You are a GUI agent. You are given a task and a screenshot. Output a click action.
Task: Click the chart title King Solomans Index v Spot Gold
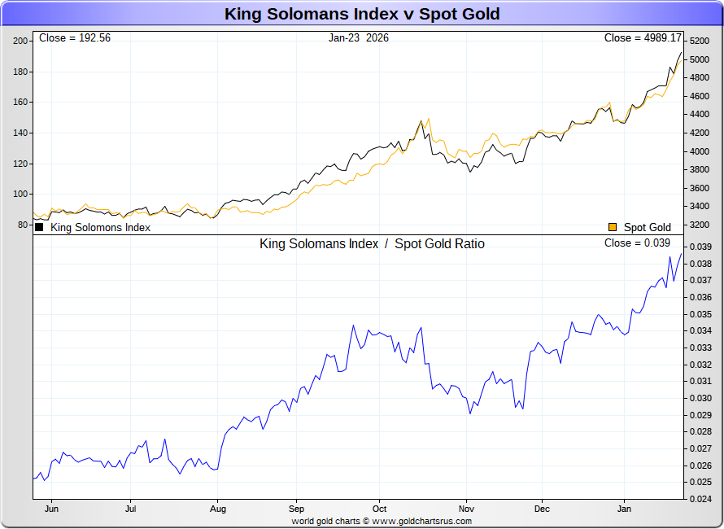tap(362, 14)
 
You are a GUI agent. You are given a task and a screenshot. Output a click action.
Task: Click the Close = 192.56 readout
tap(74, 38)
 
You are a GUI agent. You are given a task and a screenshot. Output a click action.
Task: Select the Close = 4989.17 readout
tap(643, 38)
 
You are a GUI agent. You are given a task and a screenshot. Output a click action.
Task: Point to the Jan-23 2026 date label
tap(359, 38)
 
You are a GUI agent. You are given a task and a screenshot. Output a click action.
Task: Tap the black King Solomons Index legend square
tap(39, 228)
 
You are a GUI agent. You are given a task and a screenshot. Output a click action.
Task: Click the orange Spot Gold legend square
tap(613, 228)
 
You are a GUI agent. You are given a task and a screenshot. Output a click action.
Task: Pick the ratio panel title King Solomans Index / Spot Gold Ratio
tap(372, 244)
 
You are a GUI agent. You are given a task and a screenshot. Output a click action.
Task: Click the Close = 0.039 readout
tap(637, 243)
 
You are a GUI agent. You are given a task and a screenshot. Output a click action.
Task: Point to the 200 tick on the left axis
tap(20, 41)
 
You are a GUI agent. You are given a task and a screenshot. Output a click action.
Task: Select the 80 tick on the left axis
tap(23, 225)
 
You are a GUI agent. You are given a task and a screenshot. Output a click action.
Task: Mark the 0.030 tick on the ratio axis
tap(701, 398)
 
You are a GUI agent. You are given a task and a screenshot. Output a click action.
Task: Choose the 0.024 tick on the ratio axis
tap(701, 499)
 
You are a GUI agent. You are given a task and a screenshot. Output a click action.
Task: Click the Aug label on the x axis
tap(217, 509)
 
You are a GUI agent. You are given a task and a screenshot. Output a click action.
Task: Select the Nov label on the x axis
tap(465, 509)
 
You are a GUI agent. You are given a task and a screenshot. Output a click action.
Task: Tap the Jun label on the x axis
tap(50, 509)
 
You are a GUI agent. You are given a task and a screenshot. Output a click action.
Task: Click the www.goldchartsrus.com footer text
tap(422, 521)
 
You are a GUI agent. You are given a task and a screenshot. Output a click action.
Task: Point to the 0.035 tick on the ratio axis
tap(701, 314)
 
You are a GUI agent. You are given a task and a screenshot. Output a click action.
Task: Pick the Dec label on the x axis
tap(543, 509)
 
